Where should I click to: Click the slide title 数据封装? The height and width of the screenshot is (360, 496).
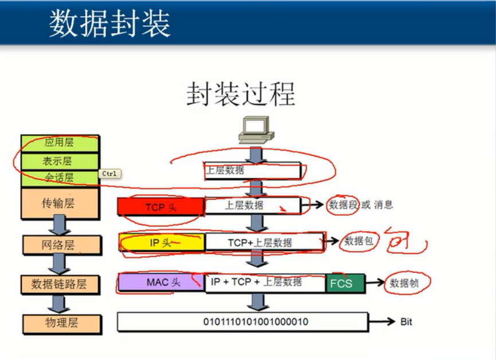click(110, 24)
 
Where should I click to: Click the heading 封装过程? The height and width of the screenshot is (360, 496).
click(241, 94)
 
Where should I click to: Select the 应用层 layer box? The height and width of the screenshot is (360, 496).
click(60, 142)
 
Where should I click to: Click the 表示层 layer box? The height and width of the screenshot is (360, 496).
click(60, 160)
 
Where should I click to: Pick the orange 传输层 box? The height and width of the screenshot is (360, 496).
click(60, 203)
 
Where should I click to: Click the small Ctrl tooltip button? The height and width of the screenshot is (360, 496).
click(110, 173)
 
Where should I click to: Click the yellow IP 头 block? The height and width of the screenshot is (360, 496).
click(161, 242)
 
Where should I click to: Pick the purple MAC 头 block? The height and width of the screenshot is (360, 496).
click(161, 282)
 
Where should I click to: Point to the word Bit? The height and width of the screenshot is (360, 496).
click(406, 322)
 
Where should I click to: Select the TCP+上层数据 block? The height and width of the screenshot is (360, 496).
click(260, 242)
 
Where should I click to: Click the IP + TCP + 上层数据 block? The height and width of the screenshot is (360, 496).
click(256, 282)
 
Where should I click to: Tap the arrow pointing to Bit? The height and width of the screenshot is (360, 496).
click(381, 322)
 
